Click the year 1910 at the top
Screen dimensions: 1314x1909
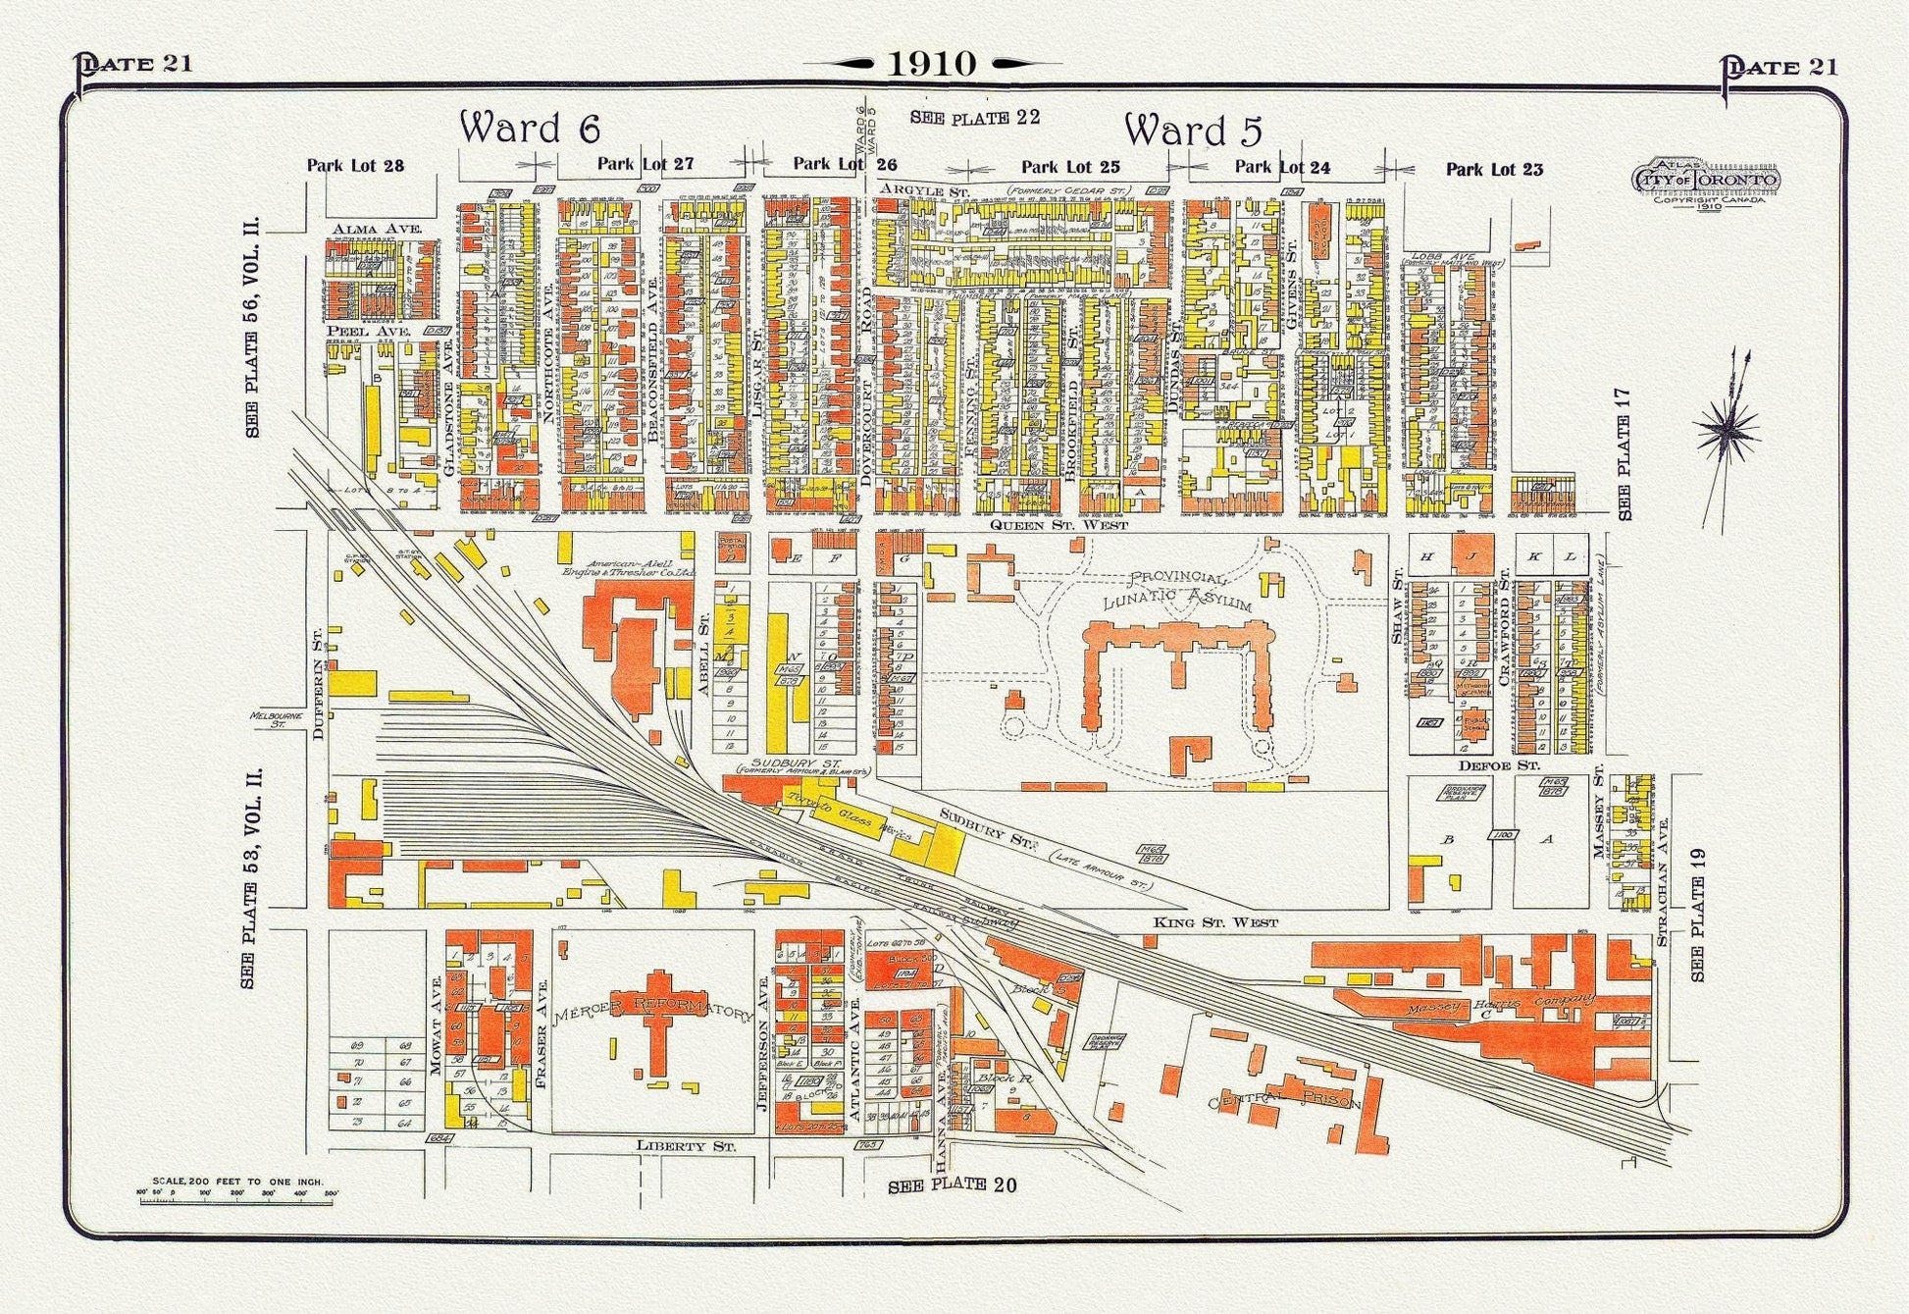point(932,64)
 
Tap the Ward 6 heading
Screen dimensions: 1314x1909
point(530,129)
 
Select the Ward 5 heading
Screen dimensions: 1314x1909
point(1193,131)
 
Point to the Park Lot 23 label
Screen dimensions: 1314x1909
point(1494,170)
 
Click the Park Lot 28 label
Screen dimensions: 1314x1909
point(355,166)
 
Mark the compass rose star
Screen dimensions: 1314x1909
point(1727,429)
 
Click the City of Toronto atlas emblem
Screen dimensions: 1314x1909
point(1705,184)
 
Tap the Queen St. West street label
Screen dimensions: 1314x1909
point(1058,525)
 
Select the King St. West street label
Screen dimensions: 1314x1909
point(1215,922)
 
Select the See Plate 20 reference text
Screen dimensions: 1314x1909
point(952,1185)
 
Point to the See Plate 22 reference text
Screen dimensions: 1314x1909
point(974,118)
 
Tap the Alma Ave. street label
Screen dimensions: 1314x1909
point(376,230)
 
